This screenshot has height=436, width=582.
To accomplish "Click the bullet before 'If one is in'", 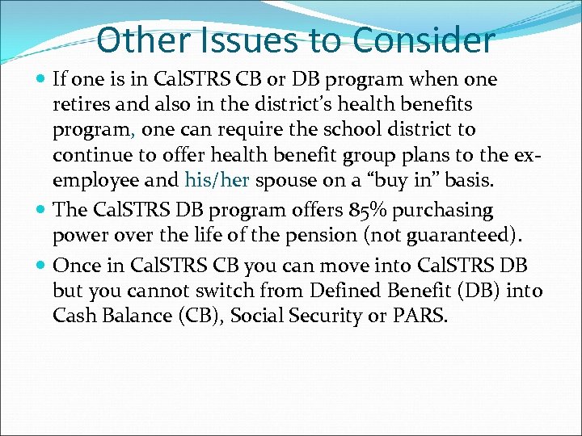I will (41, 80).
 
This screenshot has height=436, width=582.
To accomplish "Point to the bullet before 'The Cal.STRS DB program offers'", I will (41, 211).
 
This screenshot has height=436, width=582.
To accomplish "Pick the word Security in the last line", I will (318, 316).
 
